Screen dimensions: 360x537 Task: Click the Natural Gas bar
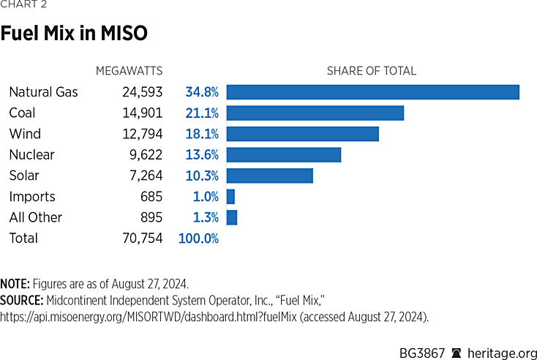pos(372,92)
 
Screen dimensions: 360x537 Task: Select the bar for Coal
pos(315,113)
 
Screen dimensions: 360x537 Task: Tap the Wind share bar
pos(303,134)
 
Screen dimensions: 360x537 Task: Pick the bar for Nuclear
pos(284,154)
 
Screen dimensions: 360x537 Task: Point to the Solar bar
pos(270,176)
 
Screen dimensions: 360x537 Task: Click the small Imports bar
pos(230,197)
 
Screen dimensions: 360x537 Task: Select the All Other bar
pos(232,217)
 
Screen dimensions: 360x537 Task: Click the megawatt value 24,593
pos(142,92)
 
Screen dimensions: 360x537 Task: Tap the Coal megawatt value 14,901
pos(142,113)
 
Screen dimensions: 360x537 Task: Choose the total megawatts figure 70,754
pos(142,239)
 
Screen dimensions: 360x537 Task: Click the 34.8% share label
pos(202,92)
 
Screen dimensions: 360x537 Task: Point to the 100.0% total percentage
pos(198,239)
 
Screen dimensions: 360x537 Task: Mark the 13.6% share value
pos(202,154)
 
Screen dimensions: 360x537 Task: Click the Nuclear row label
pos(31,154)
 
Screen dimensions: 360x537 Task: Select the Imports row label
pos(31,197)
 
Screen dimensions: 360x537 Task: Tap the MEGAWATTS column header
pos(129,71)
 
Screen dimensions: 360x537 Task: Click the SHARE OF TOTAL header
pos(371,71)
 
